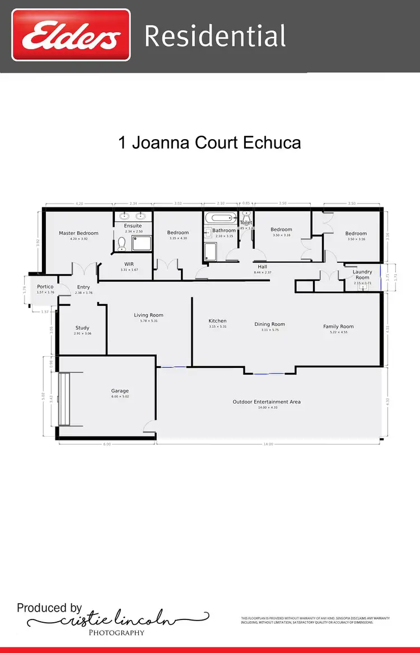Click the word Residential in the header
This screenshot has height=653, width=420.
coord(215,36)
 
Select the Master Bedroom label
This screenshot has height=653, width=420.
coord(78,233)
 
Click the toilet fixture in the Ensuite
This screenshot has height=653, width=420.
coord(122,243)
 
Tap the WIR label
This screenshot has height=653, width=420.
coord(129,264)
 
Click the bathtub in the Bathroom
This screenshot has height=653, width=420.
coord(221,219)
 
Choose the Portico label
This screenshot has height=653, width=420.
coord(45,287)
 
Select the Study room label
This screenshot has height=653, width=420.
coord(82,328)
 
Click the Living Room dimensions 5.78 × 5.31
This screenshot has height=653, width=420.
coord(148,321)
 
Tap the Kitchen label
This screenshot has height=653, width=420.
coord(217,321)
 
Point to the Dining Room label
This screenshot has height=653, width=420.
coord(270,324)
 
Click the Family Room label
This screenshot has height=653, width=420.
coord(338,326)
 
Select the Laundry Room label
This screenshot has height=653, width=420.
coord(362,275)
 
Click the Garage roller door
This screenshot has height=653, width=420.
coord(65,398)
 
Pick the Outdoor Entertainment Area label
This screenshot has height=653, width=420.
coord(268,402)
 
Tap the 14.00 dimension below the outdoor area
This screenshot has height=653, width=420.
coord(268,444)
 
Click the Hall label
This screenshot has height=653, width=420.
coord(263,267)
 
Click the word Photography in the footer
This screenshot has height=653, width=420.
coord(116,632)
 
